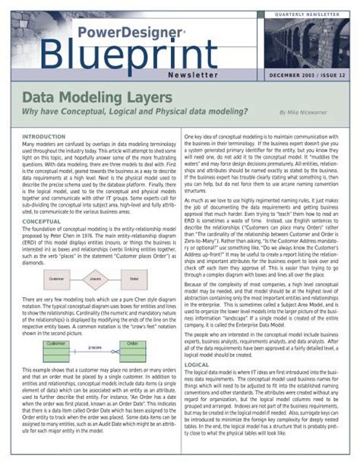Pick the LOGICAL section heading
pyautogui.click(x=197, y=365)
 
